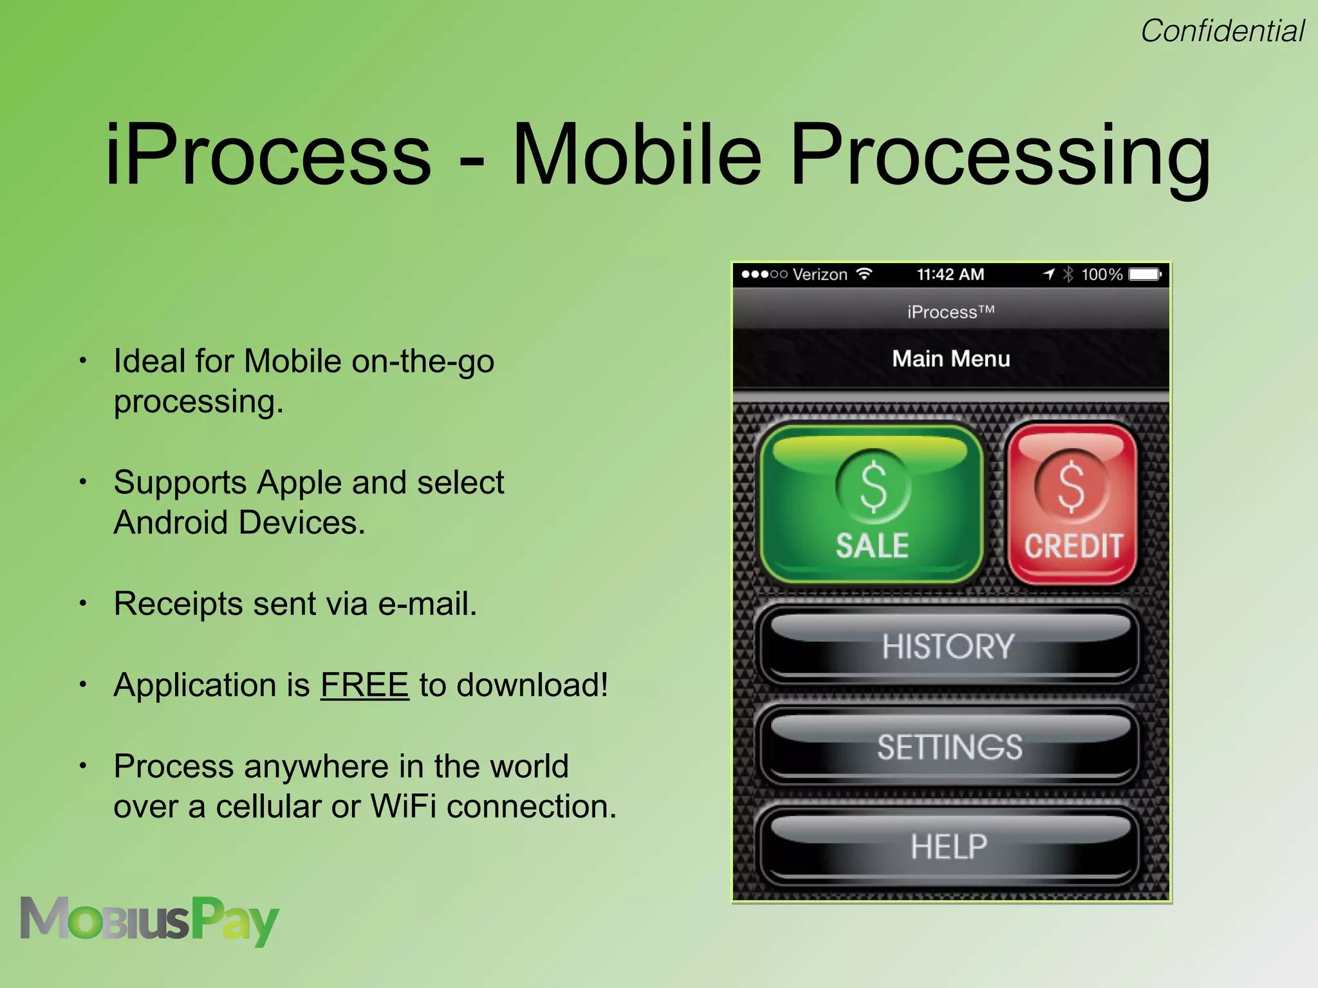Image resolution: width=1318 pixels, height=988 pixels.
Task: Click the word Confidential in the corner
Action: [1222, 31]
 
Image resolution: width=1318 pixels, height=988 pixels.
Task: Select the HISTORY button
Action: [948, 646]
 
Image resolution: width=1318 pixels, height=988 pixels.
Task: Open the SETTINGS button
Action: [949, 747]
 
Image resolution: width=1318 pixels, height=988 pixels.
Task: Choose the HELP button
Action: [949, 846]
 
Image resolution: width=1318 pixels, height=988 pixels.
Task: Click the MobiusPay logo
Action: [149, 920]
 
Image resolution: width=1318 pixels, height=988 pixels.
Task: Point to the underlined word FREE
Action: [364, 684]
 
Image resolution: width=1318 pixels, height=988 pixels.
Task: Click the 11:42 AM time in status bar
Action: [950, 275]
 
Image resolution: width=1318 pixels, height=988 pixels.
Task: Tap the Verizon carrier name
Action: [820, 275]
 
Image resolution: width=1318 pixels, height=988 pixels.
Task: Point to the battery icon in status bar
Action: [1145, 275]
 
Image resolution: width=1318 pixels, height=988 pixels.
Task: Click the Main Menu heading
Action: [951, 358]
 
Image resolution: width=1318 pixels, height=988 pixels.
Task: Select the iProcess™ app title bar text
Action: [951, 312]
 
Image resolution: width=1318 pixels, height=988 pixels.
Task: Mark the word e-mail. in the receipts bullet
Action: [427, 603]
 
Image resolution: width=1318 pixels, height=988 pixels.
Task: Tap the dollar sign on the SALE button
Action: [873, 486]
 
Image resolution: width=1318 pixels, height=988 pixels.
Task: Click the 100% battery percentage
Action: [1101, 275]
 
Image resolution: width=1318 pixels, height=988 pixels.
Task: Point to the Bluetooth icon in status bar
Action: [1068, 275]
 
